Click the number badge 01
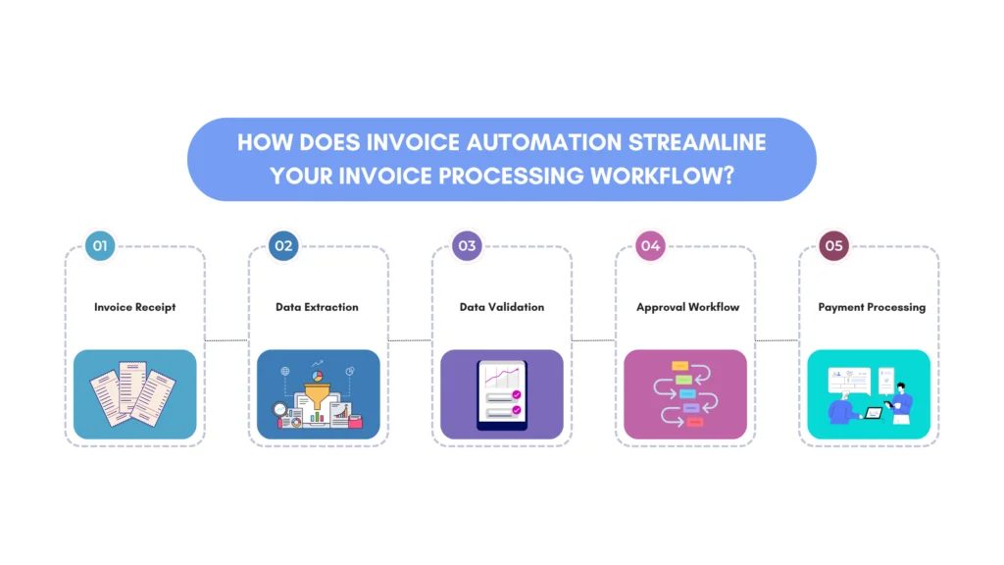point(100,246)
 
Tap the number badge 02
point(283,246)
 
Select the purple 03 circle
point(467,246)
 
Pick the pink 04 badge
point(651,246)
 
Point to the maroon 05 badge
point(833,246)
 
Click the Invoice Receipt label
point(134,307)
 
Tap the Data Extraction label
point(317,307)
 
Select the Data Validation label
point(502,307)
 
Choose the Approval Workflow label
point(687,307)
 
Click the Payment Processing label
point(872,307)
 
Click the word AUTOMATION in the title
point(543,142)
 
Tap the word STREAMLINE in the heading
point(697,142)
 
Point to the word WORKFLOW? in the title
point(662,176)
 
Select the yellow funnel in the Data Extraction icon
point(317,395)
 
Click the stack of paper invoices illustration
point(132,393)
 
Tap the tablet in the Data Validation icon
point(502,394)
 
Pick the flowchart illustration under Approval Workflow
point(685,394)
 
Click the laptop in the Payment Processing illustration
point(874,413)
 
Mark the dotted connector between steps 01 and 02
point(226,340)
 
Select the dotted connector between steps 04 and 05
point(777,340)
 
